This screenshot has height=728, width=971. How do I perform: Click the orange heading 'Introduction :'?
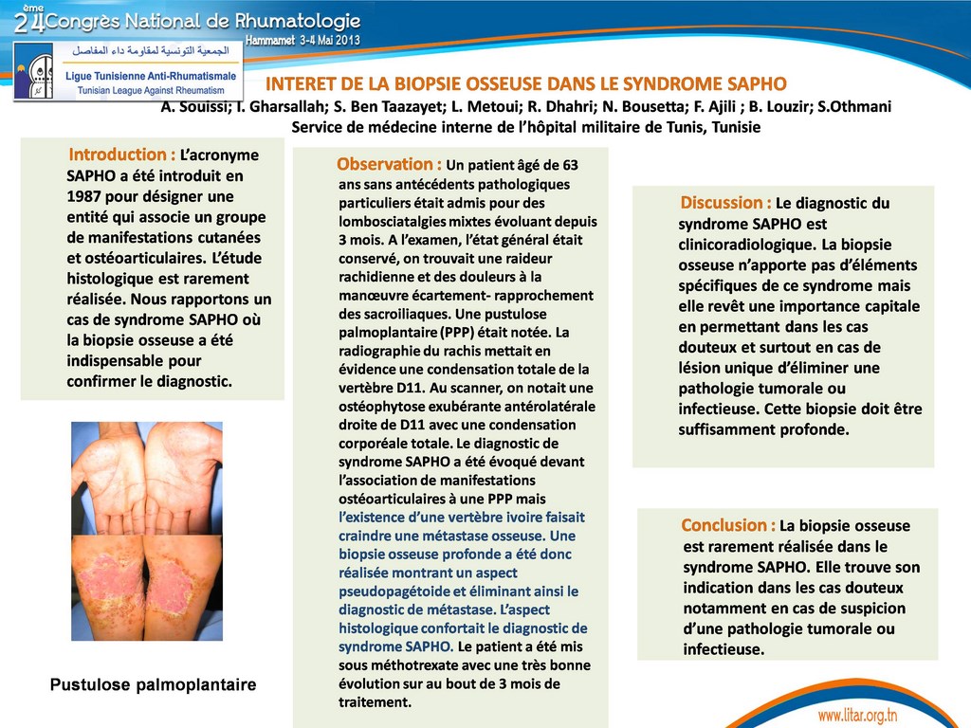click(121, 155)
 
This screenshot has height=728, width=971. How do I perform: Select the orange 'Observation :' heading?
click(389, 164)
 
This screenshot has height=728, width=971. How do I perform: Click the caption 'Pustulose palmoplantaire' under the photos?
click(153, 684)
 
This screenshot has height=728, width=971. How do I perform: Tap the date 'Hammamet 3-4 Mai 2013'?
click(302, 40)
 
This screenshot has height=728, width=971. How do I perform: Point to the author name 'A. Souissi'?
click(194, 106)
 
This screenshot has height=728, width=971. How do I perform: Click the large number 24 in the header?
click(28, 21)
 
